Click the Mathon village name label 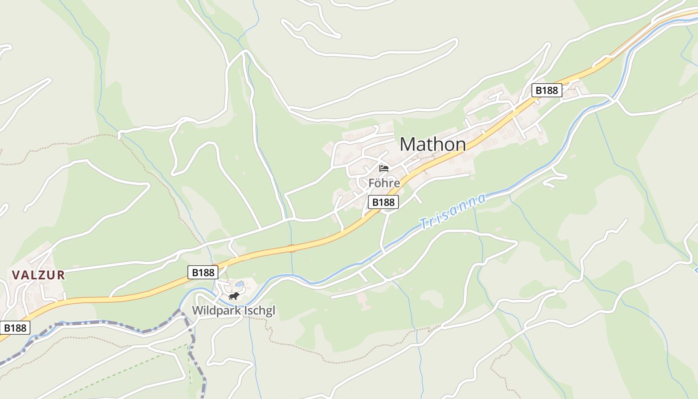433,145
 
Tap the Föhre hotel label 384,183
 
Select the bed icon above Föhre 384,168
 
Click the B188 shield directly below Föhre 383,202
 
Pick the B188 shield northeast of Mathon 546,90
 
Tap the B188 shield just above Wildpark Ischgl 203,272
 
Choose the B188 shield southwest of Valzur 15,328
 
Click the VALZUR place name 38,275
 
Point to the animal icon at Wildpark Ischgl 233,296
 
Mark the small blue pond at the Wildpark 240,284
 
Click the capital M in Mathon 407,145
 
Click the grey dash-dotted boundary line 100,324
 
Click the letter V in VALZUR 15,275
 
